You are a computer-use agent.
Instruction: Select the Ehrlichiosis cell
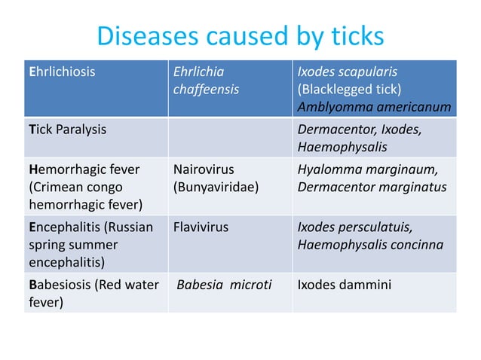(63, 72)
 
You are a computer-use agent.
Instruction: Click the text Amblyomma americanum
(374, 107)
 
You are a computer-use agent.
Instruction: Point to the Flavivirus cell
(201, 227)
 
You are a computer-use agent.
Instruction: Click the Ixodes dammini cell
(344, 285)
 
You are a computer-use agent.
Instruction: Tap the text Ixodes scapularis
(348, 72)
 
